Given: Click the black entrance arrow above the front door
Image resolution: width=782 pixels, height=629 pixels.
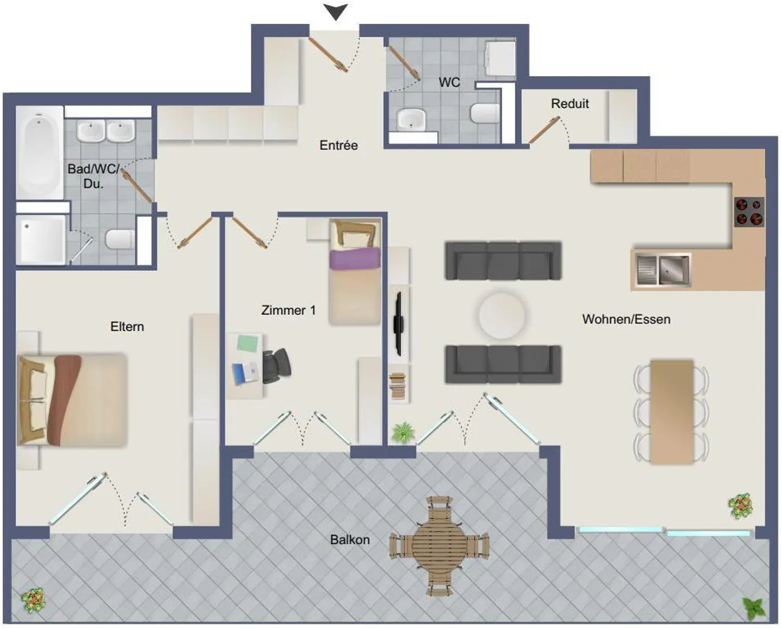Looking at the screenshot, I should coord(336,11).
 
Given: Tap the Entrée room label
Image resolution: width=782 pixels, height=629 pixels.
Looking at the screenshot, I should coord(338,145).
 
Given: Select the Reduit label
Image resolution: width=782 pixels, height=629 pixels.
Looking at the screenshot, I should coord(570,104).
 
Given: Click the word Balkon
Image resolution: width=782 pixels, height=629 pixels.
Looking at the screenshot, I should coord(350,540).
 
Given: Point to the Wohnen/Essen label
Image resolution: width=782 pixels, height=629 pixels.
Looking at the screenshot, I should coord(626,320).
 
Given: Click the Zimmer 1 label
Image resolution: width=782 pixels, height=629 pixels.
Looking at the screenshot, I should coord(288,310).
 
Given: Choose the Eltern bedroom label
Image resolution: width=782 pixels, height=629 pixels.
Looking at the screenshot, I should coord(127,327).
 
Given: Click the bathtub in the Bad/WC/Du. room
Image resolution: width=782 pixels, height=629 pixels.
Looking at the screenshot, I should coord(39,152).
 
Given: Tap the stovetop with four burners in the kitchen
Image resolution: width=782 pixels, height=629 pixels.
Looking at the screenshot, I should coord(749,212).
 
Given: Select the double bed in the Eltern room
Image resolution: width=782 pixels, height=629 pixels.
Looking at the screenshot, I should coord(72,401).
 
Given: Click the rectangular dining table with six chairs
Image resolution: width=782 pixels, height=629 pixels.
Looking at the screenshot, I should coord(672,411).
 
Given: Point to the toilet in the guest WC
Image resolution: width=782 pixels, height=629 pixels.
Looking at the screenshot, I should coord(484,113).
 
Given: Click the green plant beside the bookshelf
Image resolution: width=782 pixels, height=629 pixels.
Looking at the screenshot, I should coord(402,433).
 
